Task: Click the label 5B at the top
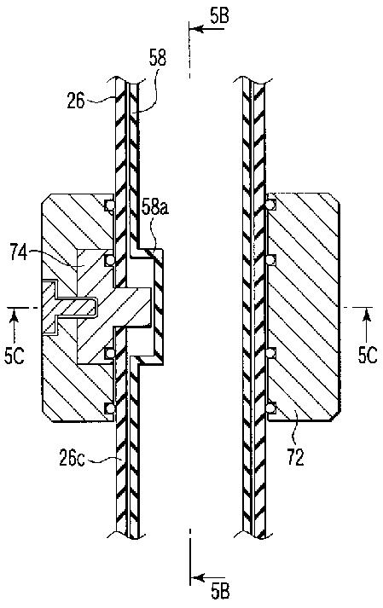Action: [x=219, y=16]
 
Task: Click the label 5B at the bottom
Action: [x=220, y=592]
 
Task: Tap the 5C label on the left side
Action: [x=15, y=356]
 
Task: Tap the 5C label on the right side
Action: [x=367, y=355]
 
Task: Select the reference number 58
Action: [x=158, y=57]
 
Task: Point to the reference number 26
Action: [x=76, y=101]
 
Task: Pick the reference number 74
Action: [x=18, y=254]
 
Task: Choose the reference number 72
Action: [x=295, y=458]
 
